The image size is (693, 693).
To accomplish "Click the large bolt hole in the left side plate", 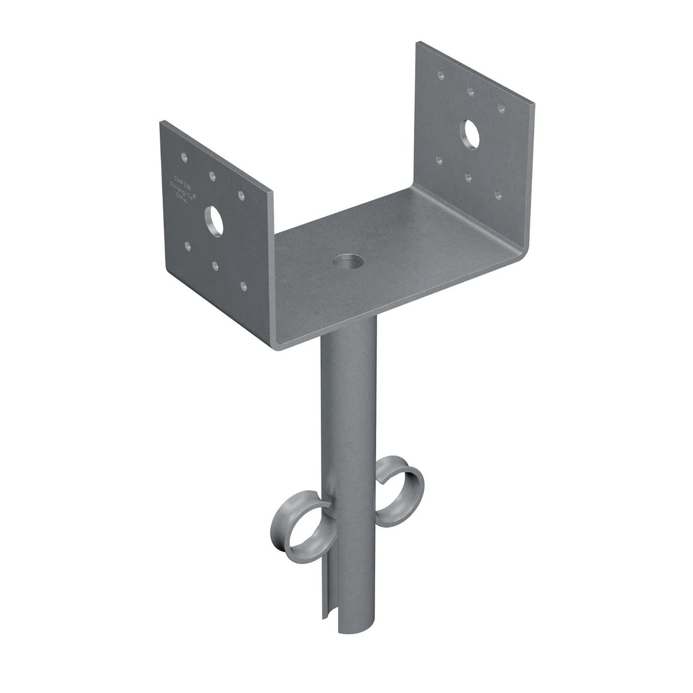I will (215, 219).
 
